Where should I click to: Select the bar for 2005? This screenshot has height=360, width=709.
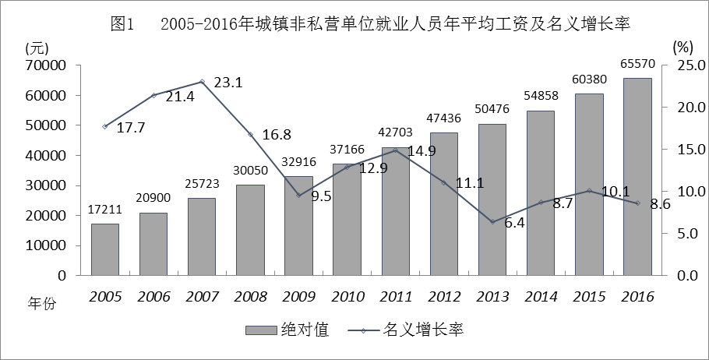(105, 249)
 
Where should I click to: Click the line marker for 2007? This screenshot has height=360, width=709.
(202, 81)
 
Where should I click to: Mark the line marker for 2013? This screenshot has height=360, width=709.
(492, 222)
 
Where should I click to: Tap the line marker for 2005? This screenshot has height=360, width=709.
(105, 126)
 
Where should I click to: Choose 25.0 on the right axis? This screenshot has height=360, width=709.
(687, 65)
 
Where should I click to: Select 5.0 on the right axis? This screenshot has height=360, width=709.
(687, 234)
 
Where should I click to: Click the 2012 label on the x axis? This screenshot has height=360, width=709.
(444, 297)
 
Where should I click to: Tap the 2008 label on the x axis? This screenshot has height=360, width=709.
(250, 297)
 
